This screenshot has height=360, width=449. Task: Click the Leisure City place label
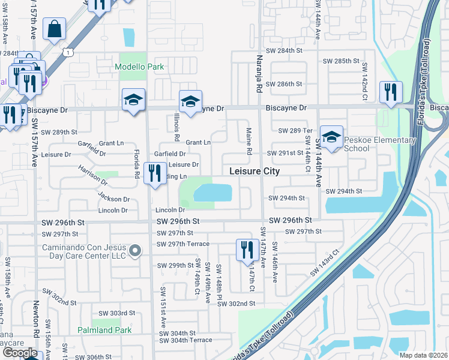coord(255,171)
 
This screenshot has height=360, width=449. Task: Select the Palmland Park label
coord(104,331)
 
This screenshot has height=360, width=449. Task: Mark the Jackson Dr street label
coord(115,199)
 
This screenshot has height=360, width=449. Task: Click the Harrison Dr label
coord(91,172)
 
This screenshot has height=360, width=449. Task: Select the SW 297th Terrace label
coord(183,244)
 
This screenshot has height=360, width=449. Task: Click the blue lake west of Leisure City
coord(213,193)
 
